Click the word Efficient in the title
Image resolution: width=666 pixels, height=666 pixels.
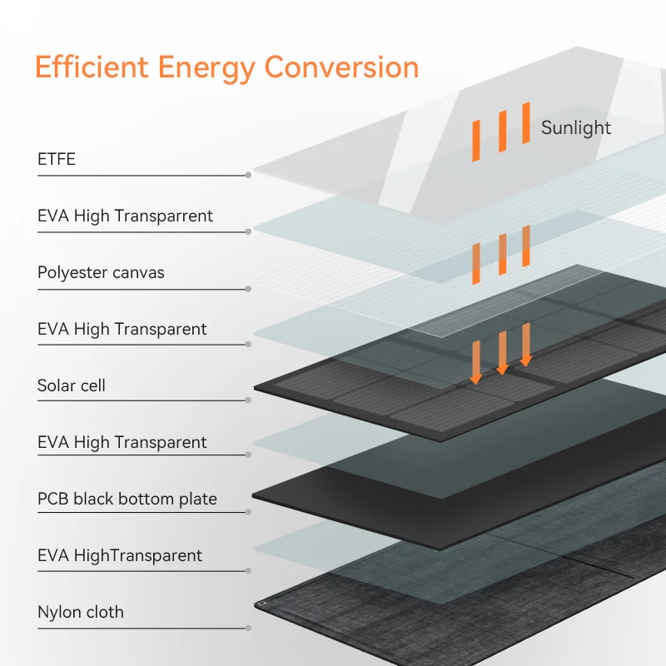pos(92,67)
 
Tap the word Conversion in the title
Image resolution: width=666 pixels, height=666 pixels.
pos(341,67)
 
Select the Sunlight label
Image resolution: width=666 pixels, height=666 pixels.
pos(576,128)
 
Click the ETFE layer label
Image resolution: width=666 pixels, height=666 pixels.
pos(57,159)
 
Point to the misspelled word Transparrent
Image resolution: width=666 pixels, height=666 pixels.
pos(164,216)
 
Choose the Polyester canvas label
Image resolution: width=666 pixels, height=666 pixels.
pos(101,273)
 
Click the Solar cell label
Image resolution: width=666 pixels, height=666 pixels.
pos(72,385)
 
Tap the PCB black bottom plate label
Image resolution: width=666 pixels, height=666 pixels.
pos(127,499)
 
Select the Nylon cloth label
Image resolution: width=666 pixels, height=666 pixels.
pos(81,612)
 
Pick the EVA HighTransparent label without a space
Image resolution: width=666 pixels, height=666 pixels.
pos(120,555)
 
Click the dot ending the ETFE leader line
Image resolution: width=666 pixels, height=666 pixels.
pos(248,175)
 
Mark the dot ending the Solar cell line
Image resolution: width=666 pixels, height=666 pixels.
pos(248,400)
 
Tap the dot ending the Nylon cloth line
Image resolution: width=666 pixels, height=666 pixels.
pos(248,629)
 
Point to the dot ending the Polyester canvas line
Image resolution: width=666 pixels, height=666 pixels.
pos(248,289)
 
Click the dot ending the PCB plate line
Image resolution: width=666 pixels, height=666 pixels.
pos(248,512)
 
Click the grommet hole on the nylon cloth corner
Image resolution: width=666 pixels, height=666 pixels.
pos(262,604)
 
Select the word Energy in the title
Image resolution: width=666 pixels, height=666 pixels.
pos(206,69)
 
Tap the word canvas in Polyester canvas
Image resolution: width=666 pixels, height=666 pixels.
pos(138,273)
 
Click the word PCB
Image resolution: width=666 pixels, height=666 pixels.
pos(53,499)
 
